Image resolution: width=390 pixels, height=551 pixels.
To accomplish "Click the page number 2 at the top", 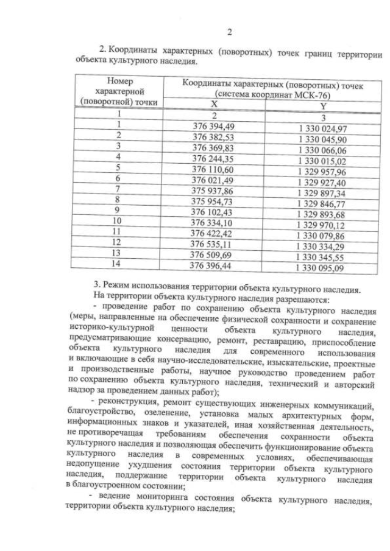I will click(229, 32).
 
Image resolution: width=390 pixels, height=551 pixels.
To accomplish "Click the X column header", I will click(214, 105).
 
